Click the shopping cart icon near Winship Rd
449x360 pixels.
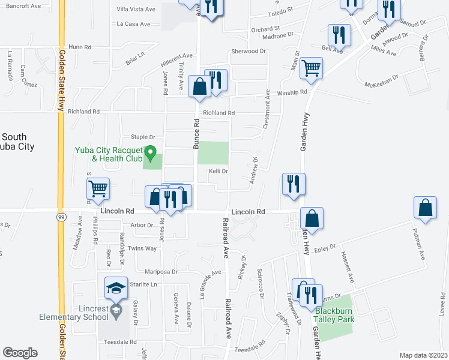pos(311,68)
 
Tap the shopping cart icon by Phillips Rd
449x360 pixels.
pos(98,190)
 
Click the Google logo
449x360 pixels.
pos(20,353)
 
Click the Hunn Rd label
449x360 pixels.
pos(80,47)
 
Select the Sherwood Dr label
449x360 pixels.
pos(248,52)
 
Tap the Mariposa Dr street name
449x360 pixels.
pos(158,272)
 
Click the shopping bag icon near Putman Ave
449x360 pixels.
pos(425,208)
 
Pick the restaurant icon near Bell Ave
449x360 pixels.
pos(339,35)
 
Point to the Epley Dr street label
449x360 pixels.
pos(324,246)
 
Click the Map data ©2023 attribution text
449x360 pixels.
pos(423,355)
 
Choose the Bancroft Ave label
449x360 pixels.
pos(23,5)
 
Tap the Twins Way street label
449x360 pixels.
pos(142,248)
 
